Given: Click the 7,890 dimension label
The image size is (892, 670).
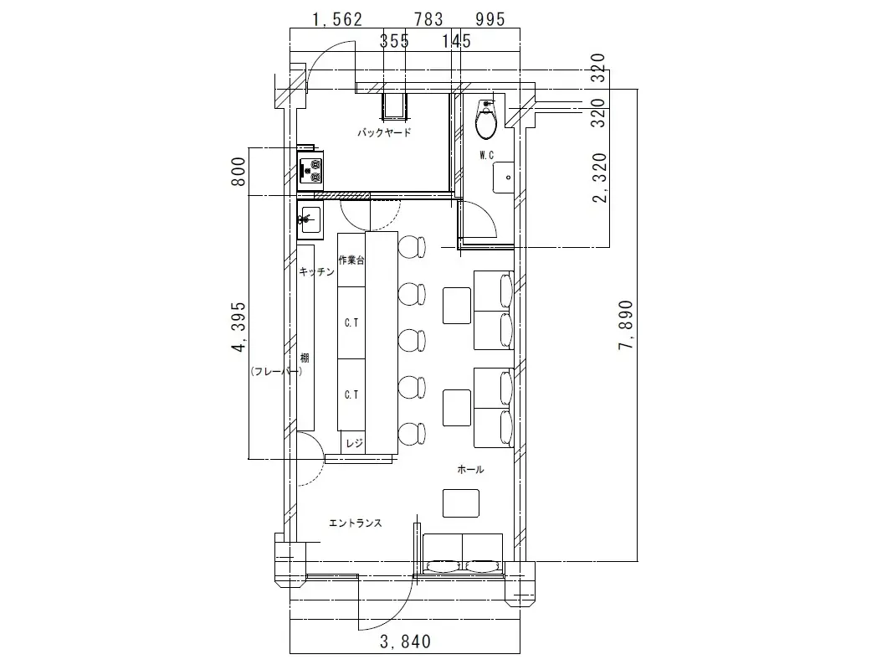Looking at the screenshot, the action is pos(625,325).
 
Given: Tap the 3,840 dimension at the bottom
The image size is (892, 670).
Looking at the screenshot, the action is pos(405,642).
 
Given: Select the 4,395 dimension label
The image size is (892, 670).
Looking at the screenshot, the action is pos(239,327).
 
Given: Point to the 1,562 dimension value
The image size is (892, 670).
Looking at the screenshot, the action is pos(336,19).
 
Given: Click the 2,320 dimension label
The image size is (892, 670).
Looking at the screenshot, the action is pos(600,178).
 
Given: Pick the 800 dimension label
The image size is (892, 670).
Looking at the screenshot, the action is pos(239,172).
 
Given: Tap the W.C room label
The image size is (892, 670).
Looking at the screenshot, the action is pos(486,155).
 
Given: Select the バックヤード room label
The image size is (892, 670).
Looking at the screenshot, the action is pos(384,133).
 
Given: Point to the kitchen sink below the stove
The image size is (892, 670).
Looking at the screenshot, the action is pos(310,219).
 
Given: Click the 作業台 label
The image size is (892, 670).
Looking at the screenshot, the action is pos(351,260).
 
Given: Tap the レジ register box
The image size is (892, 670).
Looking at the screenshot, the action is pos(353,443).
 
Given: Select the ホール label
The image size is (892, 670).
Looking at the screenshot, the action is pos(470,470).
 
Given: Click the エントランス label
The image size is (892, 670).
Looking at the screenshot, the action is pos(355,523).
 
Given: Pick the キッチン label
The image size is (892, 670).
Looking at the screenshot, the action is pos(317,272).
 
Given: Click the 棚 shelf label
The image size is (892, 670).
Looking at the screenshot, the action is pos(305,358).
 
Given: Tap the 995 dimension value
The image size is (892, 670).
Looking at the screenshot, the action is pos(490,19).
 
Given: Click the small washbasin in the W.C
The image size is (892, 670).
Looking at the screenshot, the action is pos(504,178).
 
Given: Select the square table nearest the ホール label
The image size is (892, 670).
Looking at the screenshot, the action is pos(461,502).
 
